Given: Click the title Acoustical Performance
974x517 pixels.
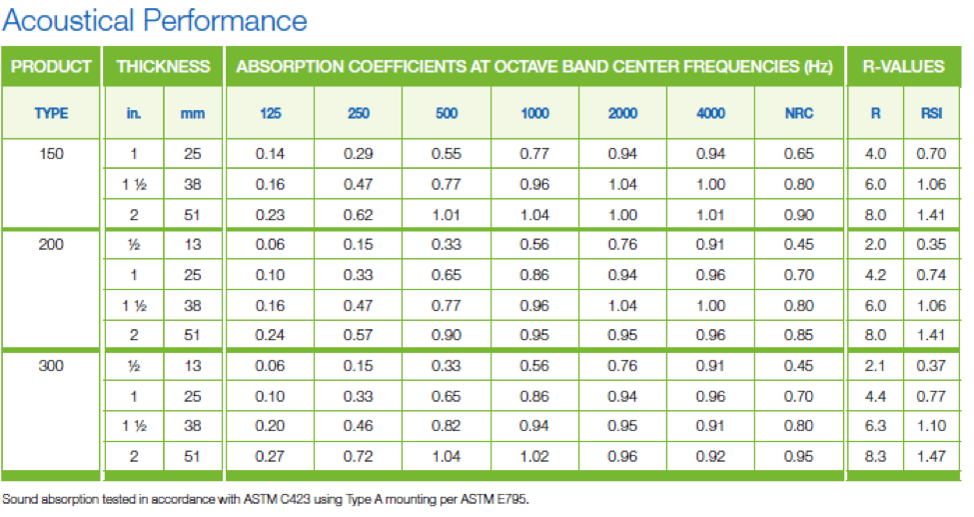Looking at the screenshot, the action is [x=155, y=21].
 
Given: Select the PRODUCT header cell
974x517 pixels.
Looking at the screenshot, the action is [x=51, y=67].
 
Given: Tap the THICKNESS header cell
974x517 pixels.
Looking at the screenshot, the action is [x=164, y=67].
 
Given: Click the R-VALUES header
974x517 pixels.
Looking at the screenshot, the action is [x=903, y=67].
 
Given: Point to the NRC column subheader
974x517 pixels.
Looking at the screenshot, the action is [x=799, y=113].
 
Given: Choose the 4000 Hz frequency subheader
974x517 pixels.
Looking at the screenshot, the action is [x=710, y=113].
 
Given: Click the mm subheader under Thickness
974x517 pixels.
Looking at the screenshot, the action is [x=193, y=114].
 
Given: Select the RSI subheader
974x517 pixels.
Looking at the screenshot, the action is [x=931, y=113].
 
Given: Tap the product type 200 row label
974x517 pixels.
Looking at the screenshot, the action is [x=51, y=245].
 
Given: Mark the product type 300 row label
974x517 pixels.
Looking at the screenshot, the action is [x=51, y=366].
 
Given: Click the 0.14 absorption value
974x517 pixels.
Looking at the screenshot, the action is [x=270, y=154].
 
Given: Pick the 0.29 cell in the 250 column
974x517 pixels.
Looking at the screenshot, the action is [x=359, y=154].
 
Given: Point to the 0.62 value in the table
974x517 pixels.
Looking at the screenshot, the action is [x=359, y=215].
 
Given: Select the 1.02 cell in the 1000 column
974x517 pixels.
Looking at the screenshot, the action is [x=534, y=457].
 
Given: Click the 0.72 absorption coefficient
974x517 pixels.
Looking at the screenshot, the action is [x=359, y=457].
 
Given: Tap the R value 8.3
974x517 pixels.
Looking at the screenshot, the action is [x=875, y=457].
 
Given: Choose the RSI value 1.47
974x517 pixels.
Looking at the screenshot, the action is [x=931, y=457].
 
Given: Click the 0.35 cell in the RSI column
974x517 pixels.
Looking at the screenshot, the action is [x=931, y=245].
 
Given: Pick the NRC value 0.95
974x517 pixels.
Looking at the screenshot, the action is [x=799, y=457].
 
